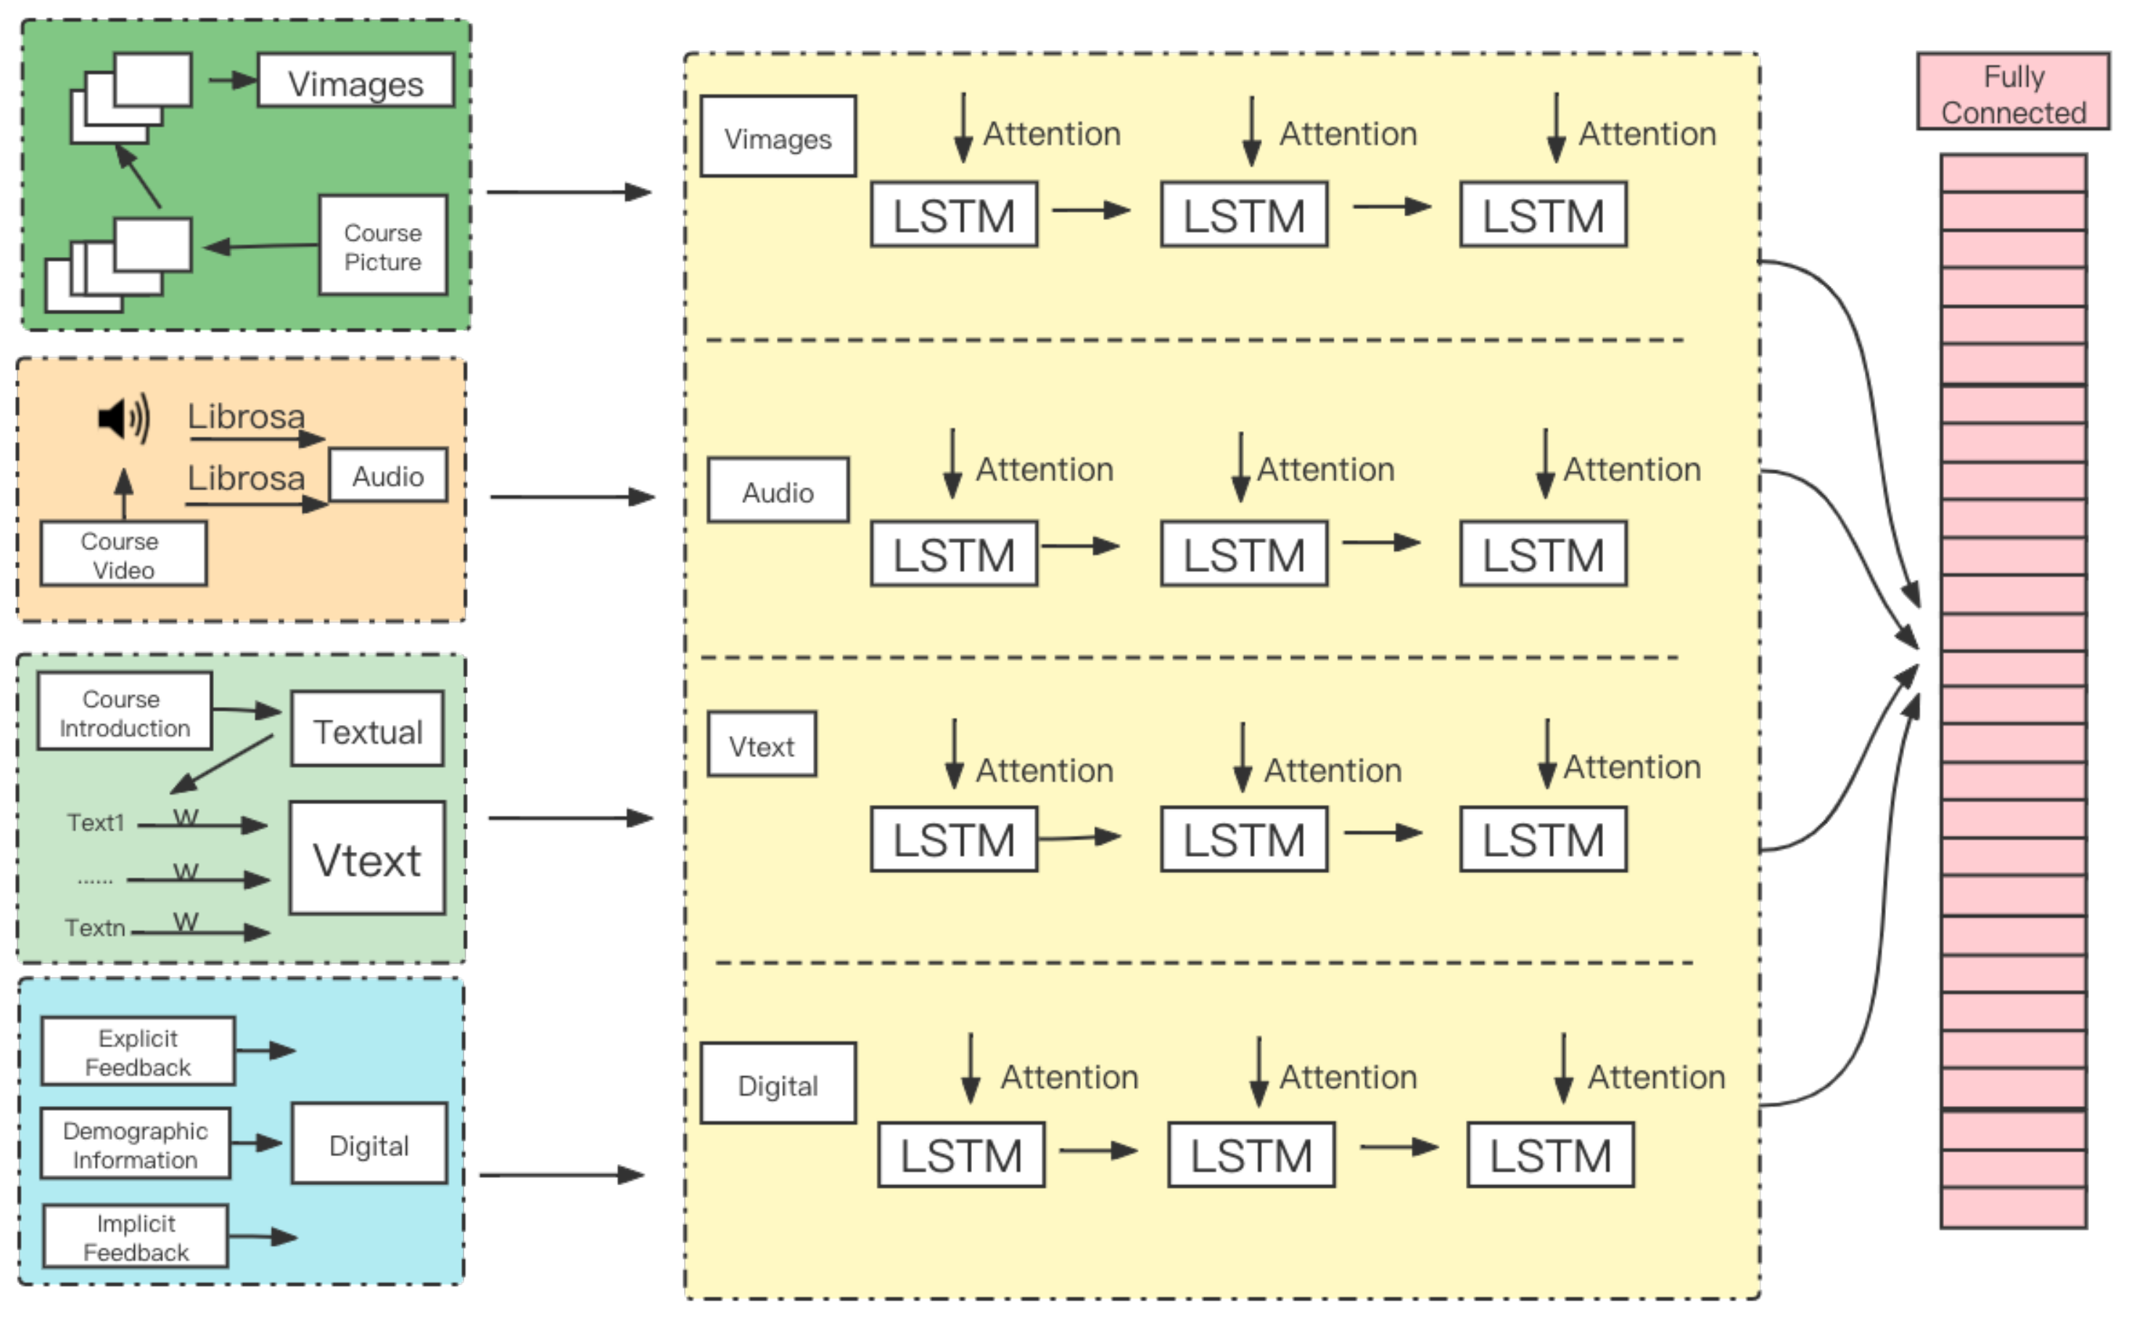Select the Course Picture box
tap(383, 245)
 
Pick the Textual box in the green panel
tap(367, 730)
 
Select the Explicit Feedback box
tap(138, 1052)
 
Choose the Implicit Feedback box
tap(136, 1236)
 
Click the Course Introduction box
tap(124, 713)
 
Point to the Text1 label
tap(96, 823)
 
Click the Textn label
tap(95, 927)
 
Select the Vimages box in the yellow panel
tap(778, 137)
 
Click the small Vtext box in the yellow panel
tap(761, 745)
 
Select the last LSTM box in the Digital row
tap(1549, 1155)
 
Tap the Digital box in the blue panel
tap(368, 1144)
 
